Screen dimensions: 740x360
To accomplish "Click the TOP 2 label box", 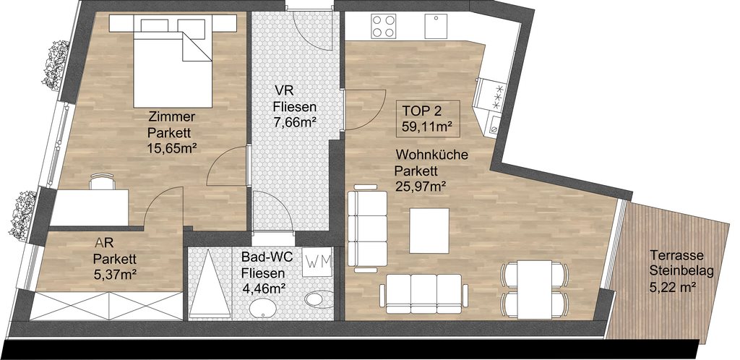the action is point(428,119).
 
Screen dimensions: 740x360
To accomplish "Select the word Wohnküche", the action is point(432,155).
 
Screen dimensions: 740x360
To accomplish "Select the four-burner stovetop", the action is point(383,26).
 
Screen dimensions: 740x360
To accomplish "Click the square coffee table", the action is point(429,231).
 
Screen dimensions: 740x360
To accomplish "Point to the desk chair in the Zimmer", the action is point(103,181).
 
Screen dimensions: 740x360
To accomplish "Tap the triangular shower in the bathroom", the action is point(210,283).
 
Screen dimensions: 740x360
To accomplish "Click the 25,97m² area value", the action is point(421,187).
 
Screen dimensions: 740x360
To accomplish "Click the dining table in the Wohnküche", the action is point(535,290).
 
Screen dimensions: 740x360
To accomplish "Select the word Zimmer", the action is point(172,116).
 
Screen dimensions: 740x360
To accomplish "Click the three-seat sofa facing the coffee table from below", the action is point(423,293).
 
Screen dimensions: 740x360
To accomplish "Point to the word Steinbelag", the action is point(681,271).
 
